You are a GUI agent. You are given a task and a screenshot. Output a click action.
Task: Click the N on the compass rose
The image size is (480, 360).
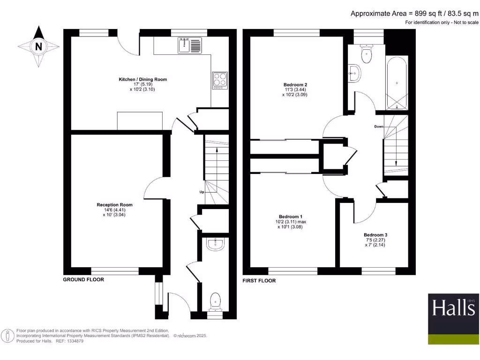click(38, 46)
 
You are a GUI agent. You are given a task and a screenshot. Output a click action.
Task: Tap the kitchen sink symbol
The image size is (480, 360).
click(189, 45)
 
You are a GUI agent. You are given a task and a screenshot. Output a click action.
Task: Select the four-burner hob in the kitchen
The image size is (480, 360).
click(220, 81)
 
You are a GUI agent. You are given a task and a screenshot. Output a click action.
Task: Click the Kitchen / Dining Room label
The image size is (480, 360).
click(142, 80)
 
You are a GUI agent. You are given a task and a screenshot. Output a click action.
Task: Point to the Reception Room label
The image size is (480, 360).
click(114, 205)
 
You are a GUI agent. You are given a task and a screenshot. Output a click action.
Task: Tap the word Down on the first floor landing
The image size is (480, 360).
click(379, 127)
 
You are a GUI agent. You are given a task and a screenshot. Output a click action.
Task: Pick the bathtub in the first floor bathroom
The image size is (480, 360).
click(397, 83)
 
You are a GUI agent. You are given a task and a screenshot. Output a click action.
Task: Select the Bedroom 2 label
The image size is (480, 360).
click(295, 85)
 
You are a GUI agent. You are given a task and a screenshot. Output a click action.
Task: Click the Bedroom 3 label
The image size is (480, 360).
click(375, 235)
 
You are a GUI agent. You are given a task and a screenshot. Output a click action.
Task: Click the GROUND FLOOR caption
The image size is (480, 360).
click(83, 279)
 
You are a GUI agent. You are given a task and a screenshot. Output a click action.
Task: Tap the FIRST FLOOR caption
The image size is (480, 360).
click(259, 281)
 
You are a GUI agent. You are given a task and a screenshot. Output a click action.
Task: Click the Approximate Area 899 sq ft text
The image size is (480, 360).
click(414, 14)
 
